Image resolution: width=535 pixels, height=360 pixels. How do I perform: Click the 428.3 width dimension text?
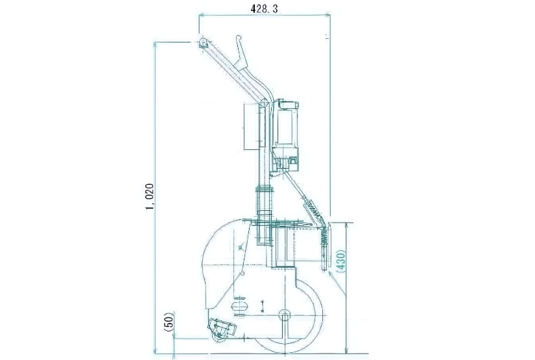[264, 8]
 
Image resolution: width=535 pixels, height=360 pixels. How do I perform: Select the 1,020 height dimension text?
[149, 197]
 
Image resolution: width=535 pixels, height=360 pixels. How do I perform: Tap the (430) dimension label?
[341, 261]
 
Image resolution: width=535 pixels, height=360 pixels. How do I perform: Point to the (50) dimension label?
[169, 322]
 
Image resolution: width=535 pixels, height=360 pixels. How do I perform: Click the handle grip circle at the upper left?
[204, 43]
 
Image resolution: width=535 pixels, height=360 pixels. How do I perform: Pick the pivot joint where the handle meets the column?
[263, 102]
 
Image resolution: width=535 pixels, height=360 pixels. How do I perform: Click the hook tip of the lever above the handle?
[239, 38]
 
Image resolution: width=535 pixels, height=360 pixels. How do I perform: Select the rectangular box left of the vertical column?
[252, 127]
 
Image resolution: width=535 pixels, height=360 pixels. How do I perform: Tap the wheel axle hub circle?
[284, 316]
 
